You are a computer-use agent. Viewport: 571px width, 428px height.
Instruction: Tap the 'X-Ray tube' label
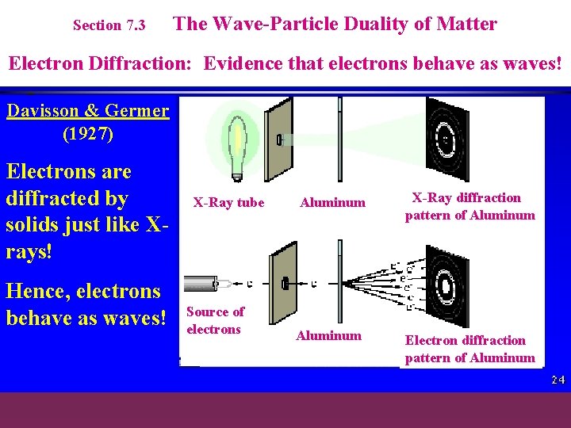coord(228,202)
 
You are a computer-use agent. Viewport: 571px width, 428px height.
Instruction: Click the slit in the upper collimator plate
coord(279,140)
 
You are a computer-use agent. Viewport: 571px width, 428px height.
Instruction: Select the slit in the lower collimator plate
coord(283,283)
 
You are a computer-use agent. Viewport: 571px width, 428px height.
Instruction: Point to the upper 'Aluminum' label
coord(332,202)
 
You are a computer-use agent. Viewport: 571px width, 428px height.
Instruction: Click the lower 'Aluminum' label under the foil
coord(328,335)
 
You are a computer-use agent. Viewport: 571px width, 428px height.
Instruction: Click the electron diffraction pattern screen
coord(446,285)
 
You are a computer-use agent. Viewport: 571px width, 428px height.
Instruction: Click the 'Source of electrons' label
coord(214,320)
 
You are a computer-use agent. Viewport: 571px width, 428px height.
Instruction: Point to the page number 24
coord(558,380)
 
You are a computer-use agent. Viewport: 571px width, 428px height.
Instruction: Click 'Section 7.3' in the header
coord(109,25)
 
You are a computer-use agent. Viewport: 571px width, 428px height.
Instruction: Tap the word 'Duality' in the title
coord(376,24)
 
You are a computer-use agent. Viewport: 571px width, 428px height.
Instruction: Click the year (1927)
coord(87,134)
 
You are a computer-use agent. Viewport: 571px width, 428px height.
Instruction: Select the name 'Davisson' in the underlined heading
coord(44,110)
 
